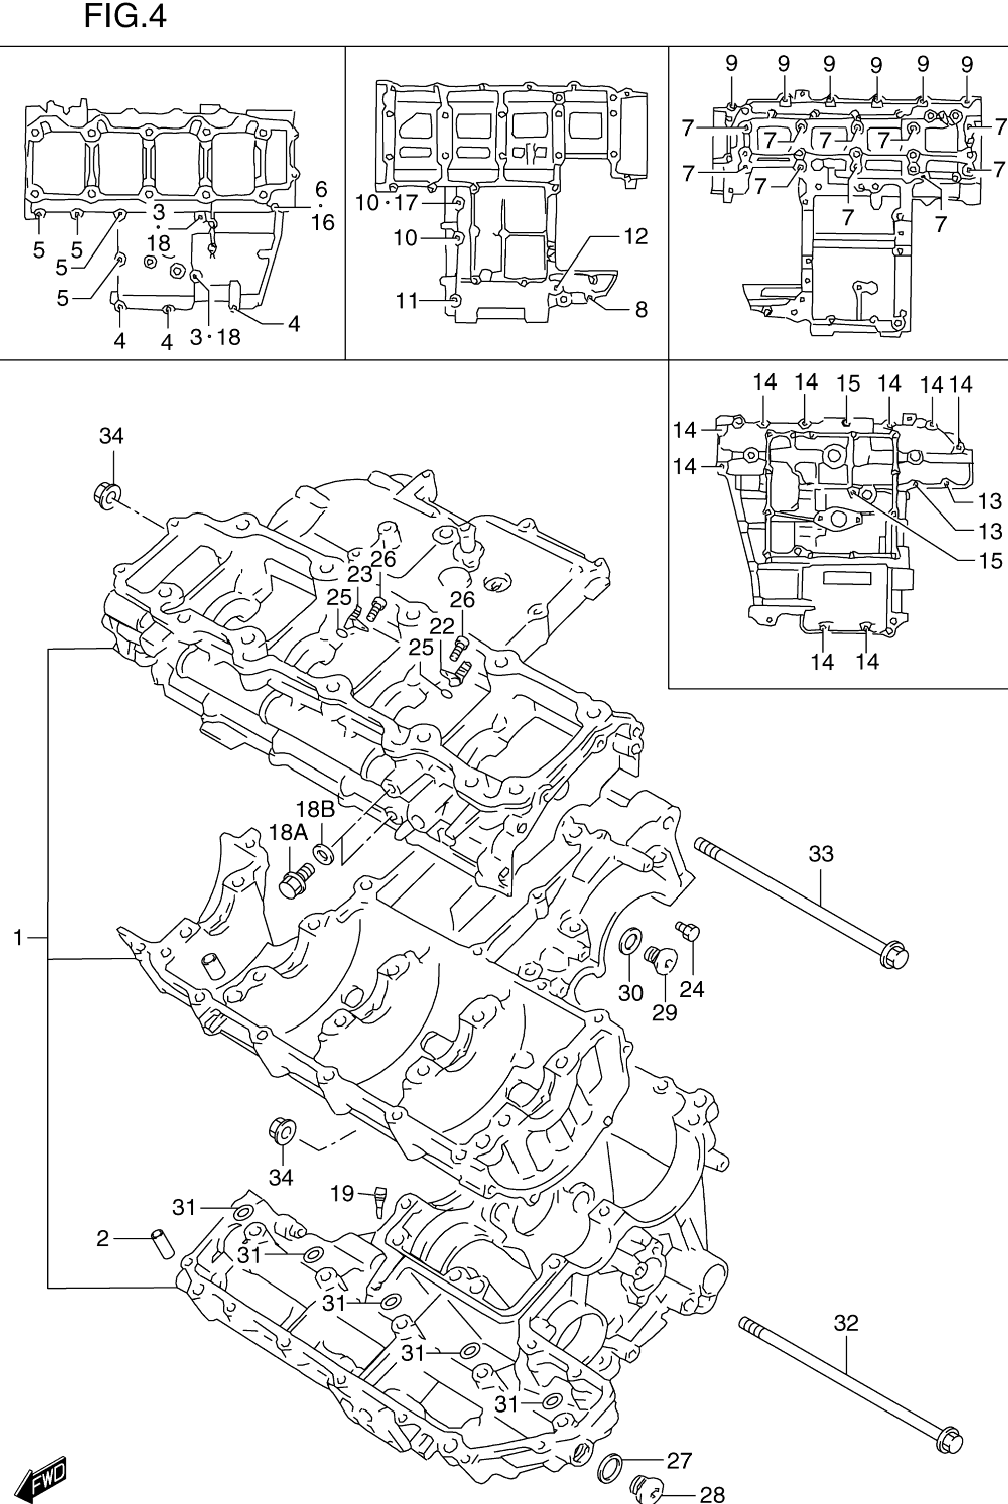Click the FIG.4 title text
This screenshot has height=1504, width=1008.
point(125,15)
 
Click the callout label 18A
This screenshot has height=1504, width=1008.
point(288,833)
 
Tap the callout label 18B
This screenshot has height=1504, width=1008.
point(315,809)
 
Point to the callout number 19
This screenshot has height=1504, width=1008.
point(342,1194)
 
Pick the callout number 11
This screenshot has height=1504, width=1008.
point(407,300)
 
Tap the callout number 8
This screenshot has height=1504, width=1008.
point(641,309)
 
